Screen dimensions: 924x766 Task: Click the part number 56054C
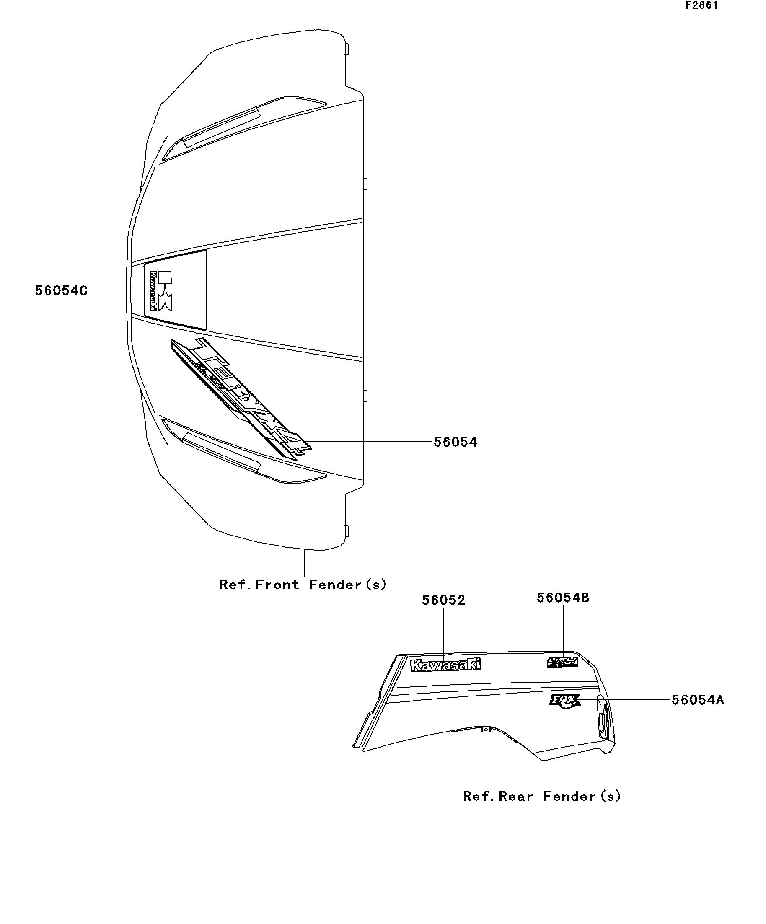coord(61,291)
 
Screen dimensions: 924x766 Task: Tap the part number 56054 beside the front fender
coord(455,442)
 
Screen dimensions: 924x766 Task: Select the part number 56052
coord(443,600)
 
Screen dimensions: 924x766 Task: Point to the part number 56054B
coord(563,598)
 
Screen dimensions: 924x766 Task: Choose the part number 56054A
coord(697,700)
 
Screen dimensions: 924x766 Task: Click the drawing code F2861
coord(701,6)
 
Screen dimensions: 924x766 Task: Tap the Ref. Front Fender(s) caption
coord(303,585)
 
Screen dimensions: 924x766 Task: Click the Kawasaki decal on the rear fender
coord(445,665)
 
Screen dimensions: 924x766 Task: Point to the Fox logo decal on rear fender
coord(564,700)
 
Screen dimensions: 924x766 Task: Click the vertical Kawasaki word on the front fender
coord(153,291)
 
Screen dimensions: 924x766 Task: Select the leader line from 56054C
coord(116,290)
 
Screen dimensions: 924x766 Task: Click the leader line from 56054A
coord(625,699)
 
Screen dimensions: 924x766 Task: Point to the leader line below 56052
coord(443,634)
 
